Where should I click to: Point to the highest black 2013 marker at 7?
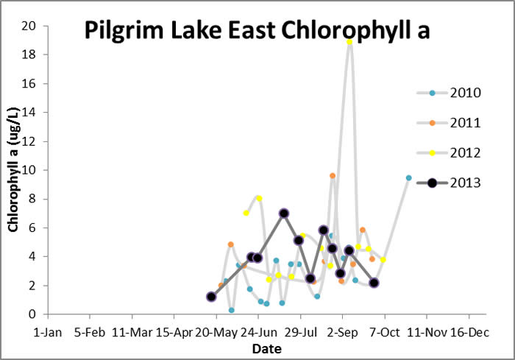point(284,213)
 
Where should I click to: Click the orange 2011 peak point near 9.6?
point(333,176)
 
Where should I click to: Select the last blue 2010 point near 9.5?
point(408,177)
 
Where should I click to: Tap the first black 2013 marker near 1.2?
point(211,297)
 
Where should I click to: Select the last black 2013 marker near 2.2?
point(374,283)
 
